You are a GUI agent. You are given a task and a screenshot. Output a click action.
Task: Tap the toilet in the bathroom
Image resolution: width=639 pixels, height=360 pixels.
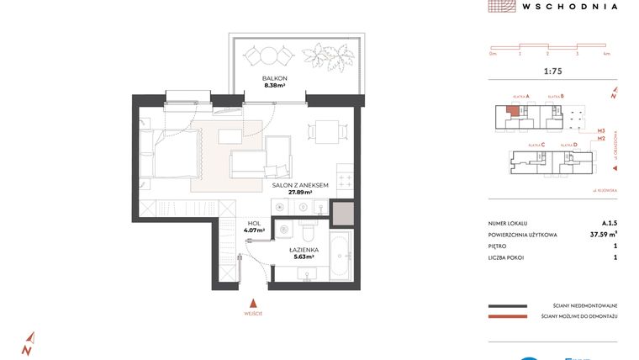click(x=307, y=228)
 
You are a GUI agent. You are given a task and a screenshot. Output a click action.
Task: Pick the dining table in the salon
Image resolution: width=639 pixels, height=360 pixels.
click(x=324, y=131)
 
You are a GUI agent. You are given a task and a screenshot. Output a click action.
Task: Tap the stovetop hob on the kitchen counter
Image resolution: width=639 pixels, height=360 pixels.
click(x=343, y=179)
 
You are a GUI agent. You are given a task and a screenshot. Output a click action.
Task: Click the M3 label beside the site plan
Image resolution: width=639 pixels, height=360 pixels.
click(x=601, y=131)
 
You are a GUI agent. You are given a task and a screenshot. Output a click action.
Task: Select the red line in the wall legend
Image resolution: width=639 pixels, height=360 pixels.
click(x=508, y=317)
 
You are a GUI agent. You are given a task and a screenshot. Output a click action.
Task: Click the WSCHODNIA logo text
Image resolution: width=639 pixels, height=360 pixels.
click(x=569, y=6)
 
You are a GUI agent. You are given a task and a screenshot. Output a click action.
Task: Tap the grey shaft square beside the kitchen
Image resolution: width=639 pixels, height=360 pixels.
click(x=343, y=214)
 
